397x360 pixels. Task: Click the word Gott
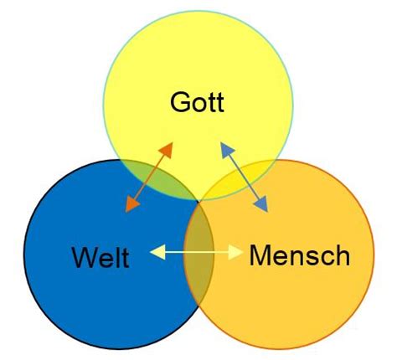coord(198,104)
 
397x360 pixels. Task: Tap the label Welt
coord(100,257)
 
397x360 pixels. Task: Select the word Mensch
coord(299,255)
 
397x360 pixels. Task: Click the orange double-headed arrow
coord(148,177)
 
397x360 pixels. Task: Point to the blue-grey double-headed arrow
coord(245,177)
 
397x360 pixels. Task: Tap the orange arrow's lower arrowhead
coord(130,205)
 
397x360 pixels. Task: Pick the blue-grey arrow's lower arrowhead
coord(263,206)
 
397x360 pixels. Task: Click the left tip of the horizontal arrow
coord(153,249)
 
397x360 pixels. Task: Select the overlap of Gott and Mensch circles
coord(243,180)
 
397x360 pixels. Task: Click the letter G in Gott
coord(179,104)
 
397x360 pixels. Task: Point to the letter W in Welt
coord(82,257)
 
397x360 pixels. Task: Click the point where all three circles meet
coord(198,200)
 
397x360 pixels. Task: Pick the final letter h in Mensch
coord(342,255)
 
